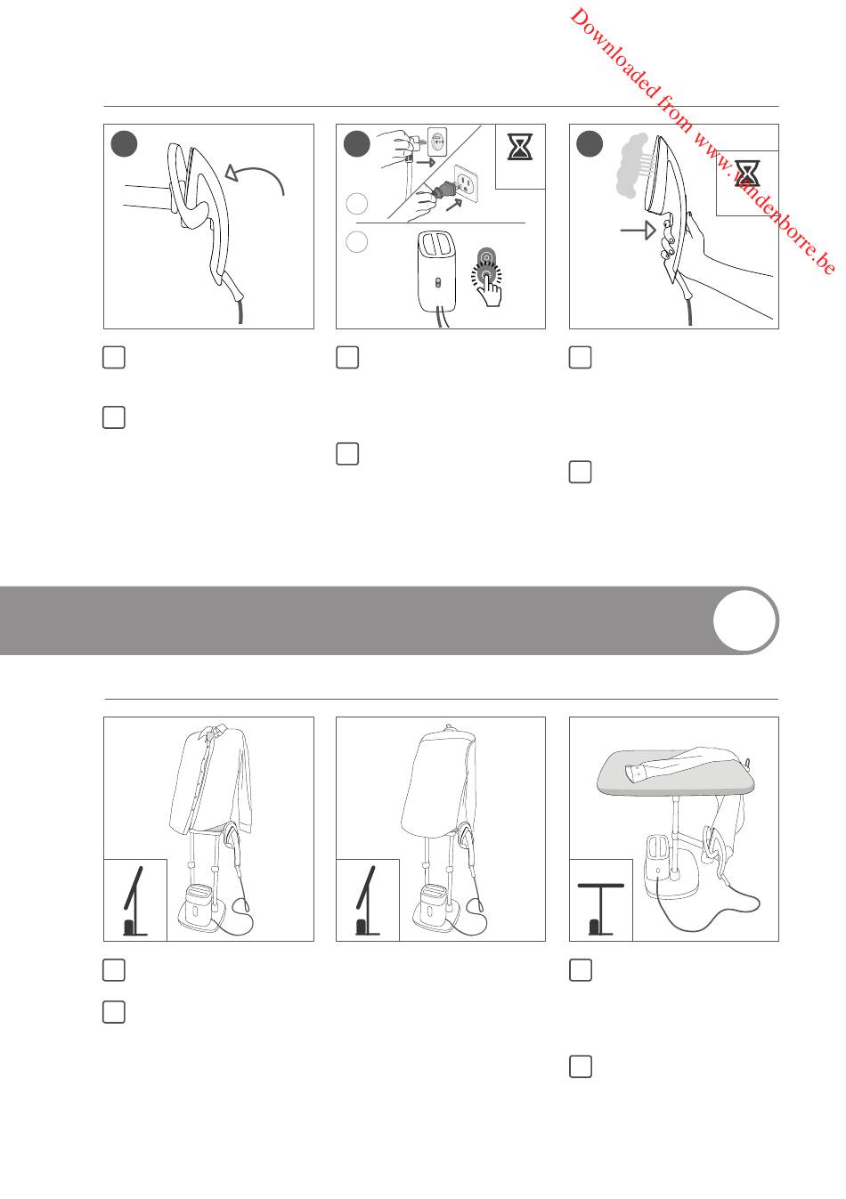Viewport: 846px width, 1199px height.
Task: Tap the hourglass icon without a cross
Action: (520, 147)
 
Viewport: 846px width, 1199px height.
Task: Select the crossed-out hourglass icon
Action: (747, 173)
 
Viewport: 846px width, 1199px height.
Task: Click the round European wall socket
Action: (436, 141)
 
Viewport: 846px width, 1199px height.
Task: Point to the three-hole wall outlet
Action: (467, 183)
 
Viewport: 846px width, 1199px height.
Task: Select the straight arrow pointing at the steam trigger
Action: (638, 231)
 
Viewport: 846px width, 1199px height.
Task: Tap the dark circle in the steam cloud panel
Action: (590, 144)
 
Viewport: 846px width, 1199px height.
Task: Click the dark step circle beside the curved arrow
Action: (124, 143)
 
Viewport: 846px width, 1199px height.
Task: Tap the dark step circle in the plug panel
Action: (357, 143)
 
